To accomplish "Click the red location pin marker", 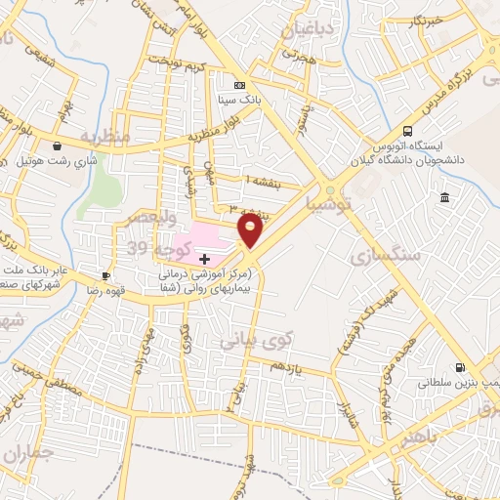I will pos(252,230).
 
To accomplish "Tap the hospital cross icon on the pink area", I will pos(203,259).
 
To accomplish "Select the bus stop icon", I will pos(407,131).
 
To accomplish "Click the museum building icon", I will pos(445,199).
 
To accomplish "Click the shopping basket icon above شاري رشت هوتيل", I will pos(59,146).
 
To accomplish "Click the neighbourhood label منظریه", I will pos(104,137).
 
